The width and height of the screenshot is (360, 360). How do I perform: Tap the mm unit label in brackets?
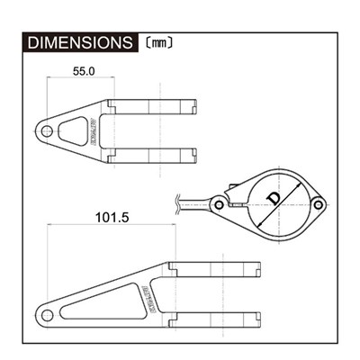(157, 42)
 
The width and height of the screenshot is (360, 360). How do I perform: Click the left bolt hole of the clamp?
(219, 206)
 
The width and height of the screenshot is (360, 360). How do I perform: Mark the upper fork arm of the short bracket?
(153, 108)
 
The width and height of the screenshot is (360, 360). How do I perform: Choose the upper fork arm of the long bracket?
(216, 268)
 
